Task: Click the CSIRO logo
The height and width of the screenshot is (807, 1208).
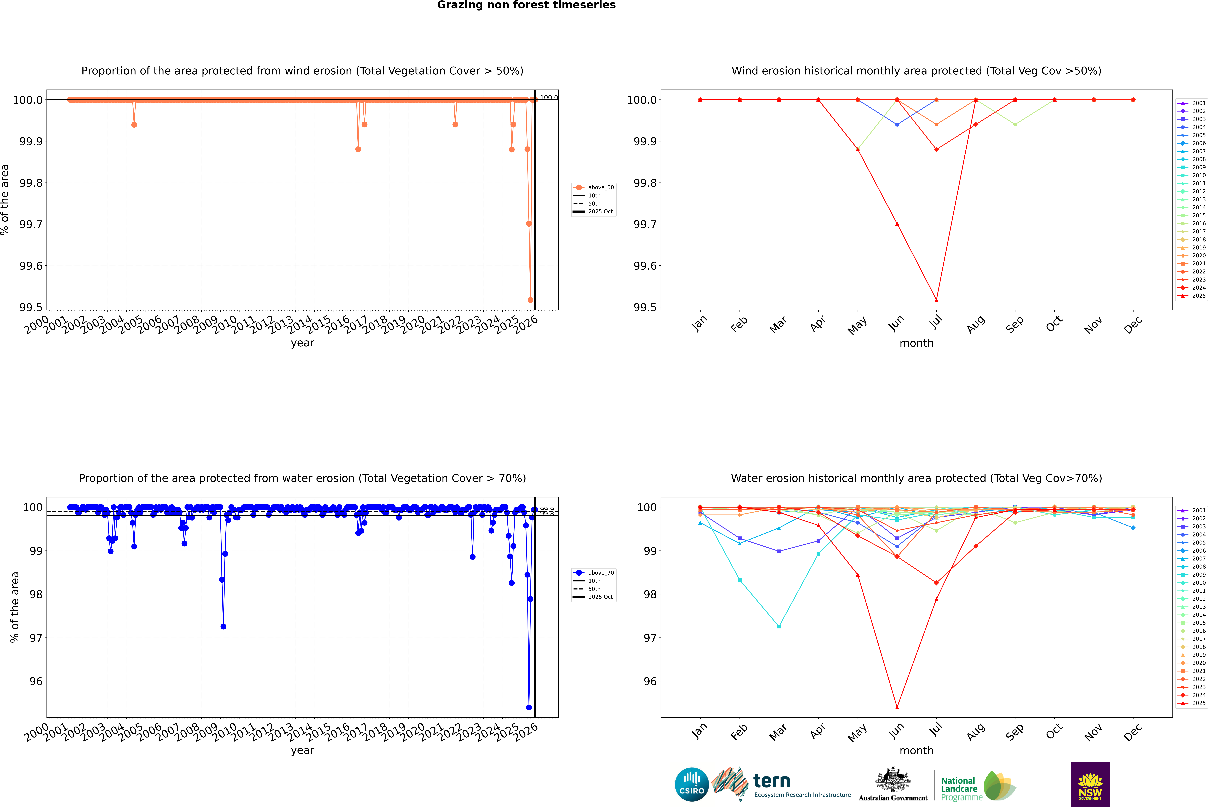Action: tap(692, 784)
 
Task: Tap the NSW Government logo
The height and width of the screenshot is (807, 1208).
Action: tap(1090, 784)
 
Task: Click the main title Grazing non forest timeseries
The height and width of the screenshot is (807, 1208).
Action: tap(526, 5)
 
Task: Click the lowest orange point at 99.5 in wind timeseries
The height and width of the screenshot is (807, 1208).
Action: tap(530, 300)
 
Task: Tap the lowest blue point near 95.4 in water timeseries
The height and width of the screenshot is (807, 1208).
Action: tap(529, 707)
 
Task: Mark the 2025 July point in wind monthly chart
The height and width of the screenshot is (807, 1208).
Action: tap(936, 300)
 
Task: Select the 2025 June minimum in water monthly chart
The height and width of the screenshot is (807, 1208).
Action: tap(897, 707)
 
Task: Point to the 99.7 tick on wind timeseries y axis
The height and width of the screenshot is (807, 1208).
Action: tap(31, 224)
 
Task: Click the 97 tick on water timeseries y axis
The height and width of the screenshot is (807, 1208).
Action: tap(36, 638)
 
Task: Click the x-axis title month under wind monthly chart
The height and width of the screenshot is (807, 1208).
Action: tap(916, 343)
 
